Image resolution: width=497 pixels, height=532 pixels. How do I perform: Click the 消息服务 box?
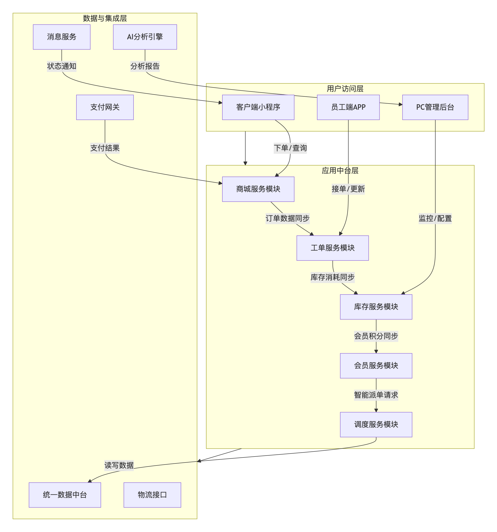[x=62, y=37]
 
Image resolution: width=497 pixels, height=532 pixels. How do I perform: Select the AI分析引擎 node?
[x=145, y=37]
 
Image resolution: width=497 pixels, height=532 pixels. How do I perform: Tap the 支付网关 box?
[x=105, y=107]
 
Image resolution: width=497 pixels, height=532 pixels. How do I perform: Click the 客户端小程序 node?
[x=258, y=107]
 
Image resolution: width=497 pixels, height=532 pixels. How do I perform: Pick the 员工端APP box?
[x=348, y=107]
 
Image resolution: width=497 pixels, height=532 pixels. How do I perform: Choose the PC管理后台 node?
[x=435, y=107]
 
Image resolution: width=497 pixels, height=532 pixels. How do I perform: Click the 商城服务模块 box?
[x=258, y=189]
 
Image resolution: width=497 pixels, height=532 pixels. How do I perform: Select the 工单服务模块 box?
[x=332, y=248]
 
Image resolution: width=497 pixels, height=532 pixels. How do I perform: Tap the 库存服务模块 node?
[x=376, y=307]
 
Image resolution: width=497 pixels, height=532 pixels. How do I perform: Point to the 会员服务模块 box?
[x=376, y=366]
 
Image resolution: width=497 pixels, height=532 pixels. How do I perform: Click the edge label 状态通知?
[x=62, y=66]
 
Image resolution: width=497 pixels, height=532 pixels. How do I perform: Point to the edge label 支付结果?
[x=105, y=148]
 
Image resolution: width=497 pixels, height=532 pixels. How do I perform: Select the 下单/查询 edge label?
[x=290, y=148]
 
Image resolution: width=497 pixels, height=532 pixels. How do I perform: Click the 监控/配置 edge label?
[x=435, y=218]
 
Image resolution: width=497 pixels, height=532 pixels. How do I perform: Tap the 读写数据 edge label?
[x=119, y=465]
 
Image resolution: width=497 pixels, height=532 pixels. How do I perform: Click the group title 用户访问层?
[x=345, y=89]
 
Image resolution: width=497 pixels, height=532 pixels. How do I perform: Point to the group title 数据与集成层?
[x=105, y=18]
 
